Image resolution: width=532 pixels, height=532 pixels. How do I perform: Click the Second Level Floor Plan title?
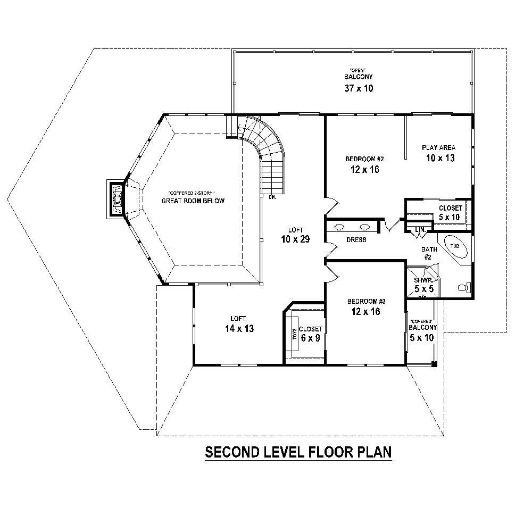pos(298,452)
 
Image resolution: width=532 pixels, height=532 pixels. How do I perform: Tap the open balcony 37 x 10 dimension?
pos(359,88)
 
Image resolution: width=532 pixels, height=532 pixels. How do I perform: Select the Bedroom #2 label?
pos(364,159)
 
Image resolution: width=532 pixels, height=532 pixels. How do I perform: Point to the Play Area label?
pos(439,147)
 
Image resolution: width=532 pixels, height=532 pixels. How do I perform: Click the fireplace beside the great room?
pos(117,198)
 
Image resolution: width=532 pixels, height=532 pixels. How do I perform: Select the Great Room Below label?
pos(193,201)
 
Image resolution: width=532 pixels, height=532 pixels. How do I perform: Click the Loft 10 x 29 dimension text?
pos(295,239)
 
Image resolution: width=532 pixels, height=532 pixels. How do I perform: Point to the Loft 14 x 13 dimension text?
pos(239,329)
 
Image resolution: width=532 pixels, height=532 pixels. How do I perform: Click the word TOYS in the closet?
pos(293,334)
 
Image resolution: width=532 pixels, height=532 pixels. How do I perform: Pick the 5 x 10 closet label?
pos(450,217)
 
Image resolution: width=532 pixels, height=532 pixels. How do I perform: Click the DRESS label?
pos(356,240)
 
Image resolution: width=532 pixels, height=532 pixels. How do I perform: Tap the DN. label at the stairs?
pos(272,197)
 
